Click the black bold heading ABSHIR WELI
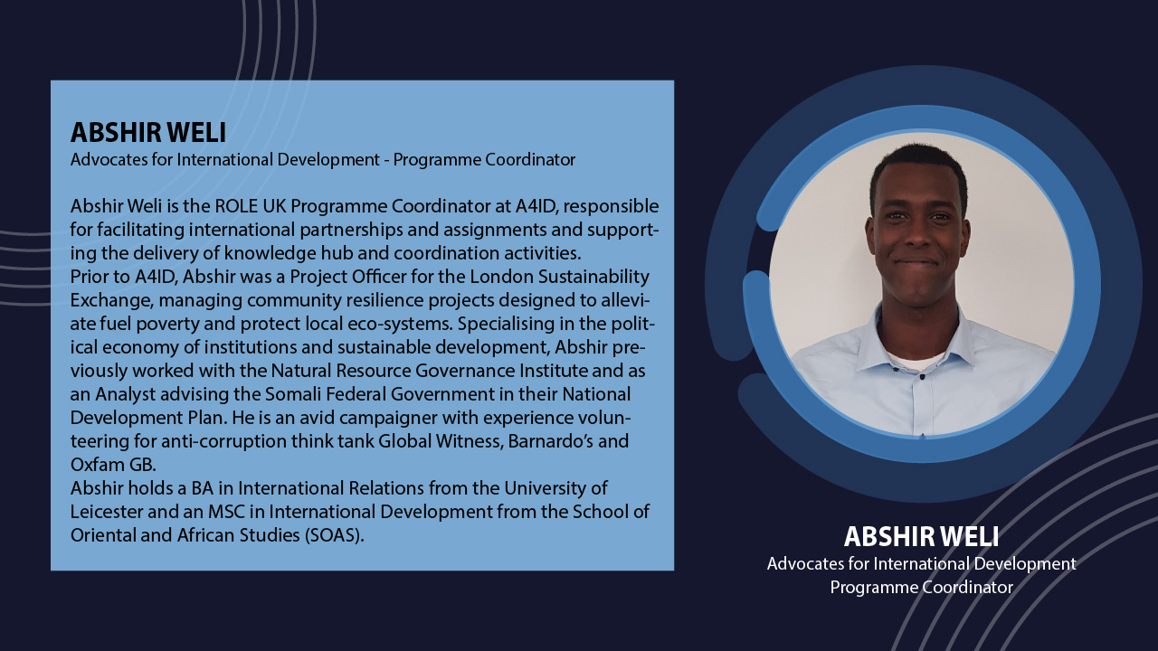click(148, 132)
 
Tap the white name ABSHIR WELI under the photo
click(921, 536)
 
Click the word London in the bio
click(501, 277)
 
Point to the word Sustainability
click(593, 278)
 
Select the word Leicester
click(107, 512)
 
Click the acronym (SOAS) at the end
click(334, 535)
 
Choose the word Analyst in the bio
click(125, 395)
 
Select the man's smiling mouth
click(917, 263)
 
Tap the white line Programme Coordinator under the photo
click(921, 588)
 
